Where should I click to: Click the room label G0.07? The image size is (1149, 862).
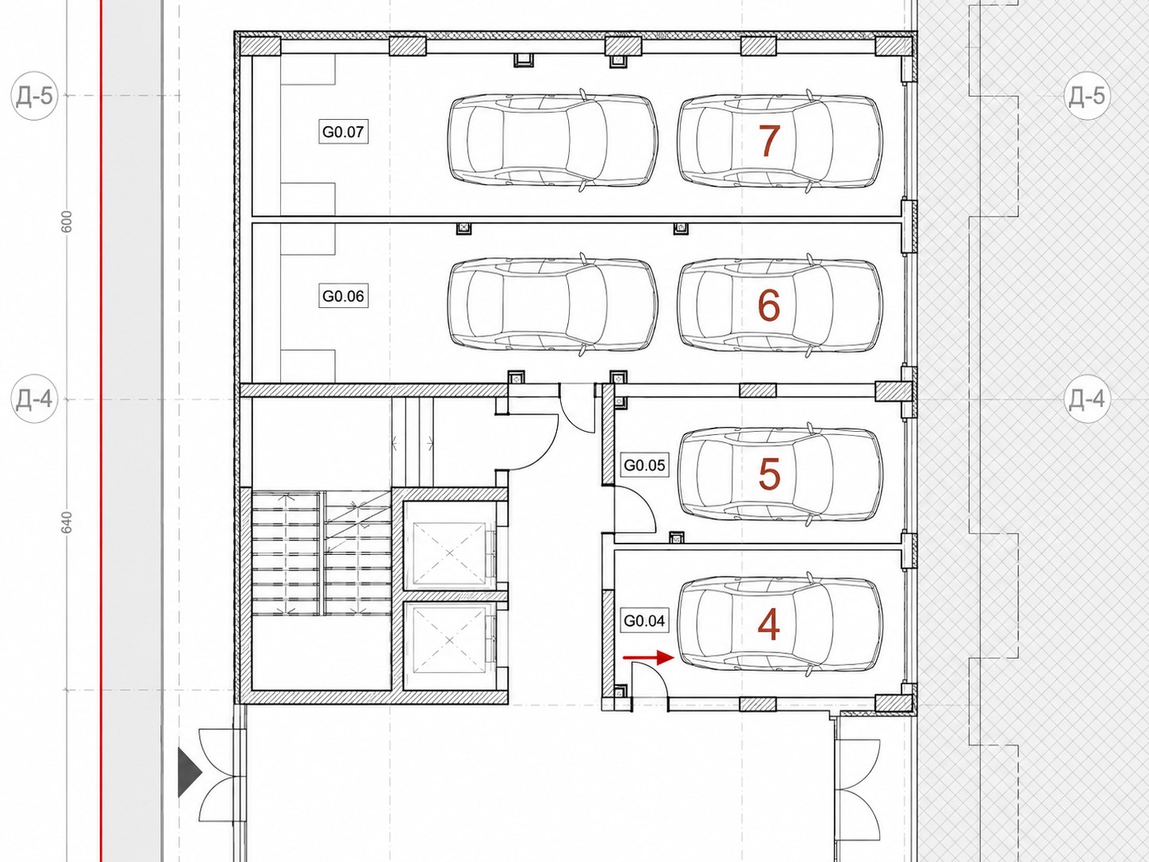(x=343, y=132)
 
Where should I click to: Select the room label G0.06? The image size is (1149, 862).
(x=343, y=296)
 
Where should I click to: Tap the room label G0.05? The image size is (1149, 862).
(x=644, y=465)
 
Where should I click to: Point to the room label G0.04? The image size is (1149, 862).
(x=644, y=620)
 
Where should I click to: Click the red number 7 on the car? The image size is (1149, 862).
(x=769, y=140)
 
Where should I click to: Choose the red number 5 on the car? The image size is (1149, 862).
(x=769, y=473)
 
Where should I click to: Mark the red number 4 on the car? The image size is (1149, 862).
(x=769, y=625)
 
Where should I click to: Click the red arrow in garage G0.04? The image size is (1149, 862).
(x=648, y=657)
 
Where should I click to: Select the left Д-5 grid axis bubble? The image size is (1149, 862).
(x=35, y=96)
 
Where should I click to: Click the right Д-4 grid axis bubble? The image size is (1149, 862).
(x=1087, y=399)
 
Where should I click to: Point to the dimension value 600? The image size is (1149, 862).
(x=67, y=222)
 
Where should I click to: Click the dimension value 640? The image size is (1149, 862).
(x=67, y=523)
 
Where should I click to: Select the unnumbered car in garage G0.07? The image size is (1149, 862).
(x=553, y=140)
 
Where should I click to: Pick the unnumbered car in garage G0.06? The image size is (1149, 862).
(x=553, y=305)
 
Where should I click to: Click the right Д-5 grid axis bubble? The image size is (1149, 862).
(x=1087, y=96)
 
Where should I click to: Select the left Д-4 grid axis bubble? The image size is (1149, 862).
(x=35, y=399)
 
